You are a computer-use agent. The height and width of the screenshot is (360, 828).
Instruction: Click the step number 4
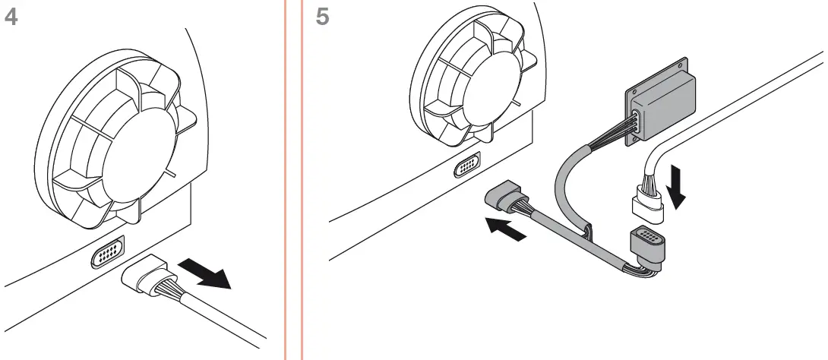click(11, 17)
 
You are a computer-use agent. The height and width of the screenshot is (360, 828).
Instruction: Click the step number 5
click(322, 17)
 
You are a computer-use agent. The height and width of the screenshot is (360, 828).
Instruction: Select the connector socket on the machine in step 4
click(109, 256)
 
